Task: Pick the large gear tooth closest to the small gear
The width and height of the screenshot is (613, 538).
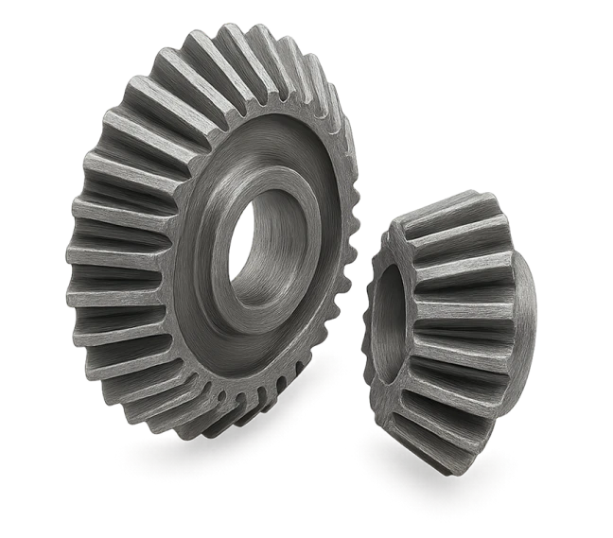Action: tap(346, 274)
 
